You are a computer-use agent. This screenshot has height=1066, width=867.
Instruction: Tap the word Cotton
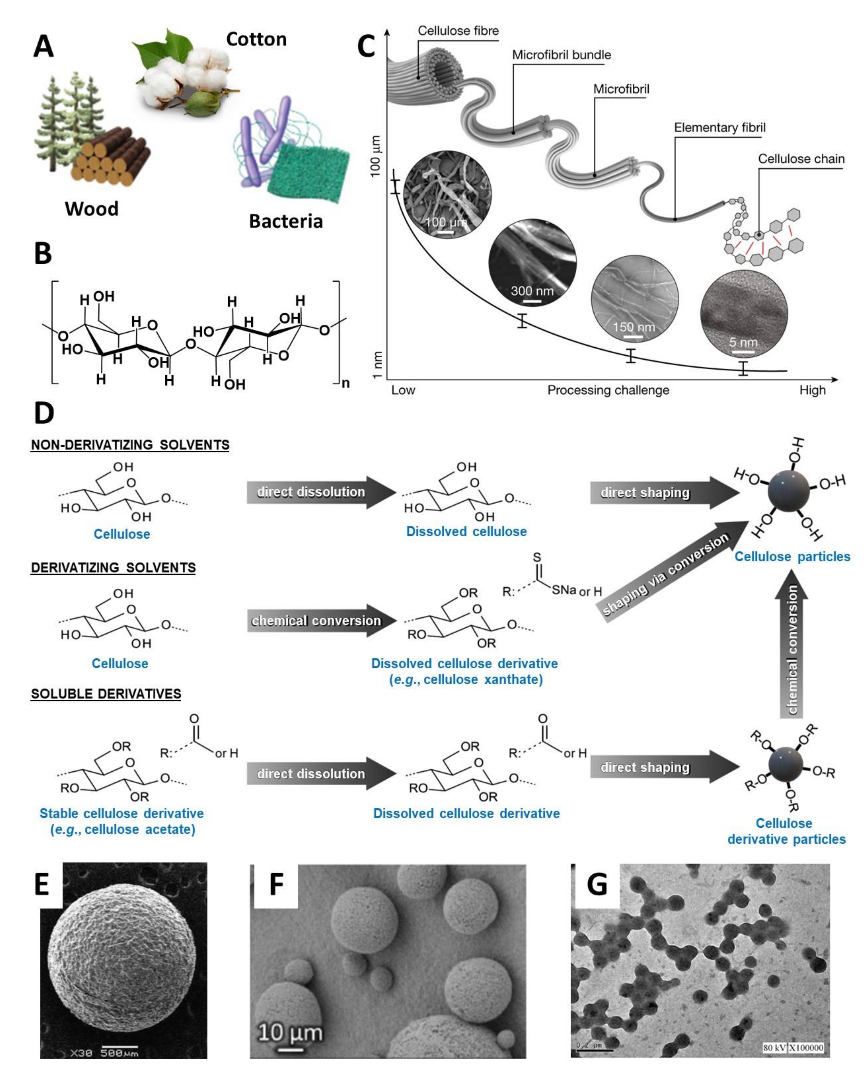coord(256,39)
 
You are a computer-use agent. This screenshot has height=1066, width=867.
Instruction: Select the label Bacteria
coord(286,221)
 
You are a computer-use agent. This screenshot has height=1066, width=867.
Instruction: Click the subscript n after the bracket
coord(345,383)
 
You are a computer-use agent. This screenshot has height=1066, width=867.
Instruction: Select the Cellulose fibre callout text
coord(458,31)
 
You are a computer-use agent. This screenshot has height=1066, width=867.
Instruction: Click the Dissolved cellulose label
coord(466,532)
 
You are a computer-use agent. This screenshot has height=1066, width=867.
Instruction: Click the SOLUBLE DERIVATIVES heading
coord(106,694)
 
